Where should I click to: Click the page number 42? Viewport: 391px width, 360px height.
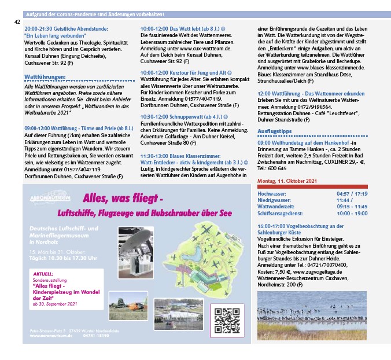17,21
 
